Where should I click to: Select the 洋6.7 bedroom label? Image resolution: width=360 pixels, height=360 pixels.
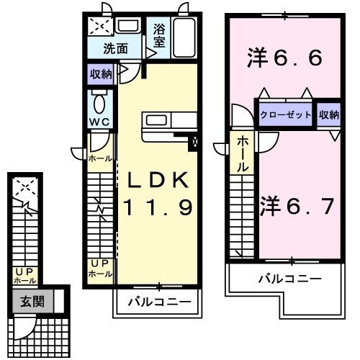pyautogui.click(x=296, y=207)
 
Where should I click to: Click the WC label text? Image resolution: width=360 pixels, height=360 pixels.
pyautogui.click(x=99, y=122)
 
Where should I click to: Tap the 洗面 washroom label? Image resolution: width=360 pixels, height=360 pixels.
pyautogui.click(x=115, y=50)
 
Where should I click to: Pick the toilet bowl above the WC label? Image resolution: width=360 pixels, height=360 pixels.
pyautogui.click(x=99, y=98)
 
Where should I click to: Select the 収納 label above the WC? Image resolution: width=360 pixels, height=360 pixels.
pyautogui.click(x=101, y=73)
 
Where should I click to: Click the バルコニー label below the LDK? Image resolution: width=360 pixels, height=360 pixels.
pyautogui.click(x=159, y=302)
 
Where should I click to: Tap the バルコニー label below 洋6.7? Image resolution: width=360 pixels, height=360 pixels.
pyautogui.click(x=289, y=277)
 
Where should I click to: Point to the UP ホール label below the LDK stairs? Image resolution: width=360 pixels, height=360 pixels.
pyautogui.click(x=99, y=269)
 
